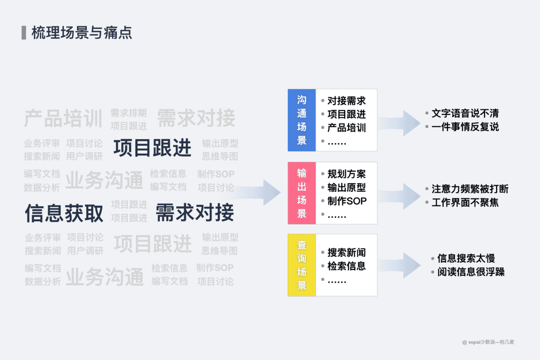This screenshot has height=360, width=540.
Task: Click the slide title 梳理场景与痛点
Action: (x=81, y=33)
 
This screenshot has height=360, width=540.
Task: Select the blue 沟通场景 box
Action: (x=302, y=120)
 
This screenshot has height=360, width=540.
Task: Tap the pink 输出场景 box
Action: (x=302, y=193)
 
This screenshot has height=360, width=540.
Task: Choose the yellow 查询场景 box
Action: (x=302, y=265)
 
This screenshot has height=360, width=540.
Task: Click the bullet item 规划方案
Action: (x=346, y=174)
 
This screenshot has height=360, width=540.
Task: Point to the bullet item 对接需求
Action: (x=346, y=101)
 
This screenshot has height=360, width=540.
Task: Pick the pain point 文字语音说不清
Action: (x=465, y=114)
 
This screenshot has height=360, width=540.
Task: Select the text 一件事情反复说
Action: (x=465, y=127)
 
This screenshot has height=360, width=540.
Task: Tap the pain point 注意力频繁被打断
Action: (x=470, y=189)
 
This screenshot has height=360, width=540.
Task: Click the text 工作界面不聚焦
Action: (x=465, y=202)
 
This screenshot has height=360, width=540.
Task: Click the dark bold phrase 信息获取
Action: (x=64, y=213)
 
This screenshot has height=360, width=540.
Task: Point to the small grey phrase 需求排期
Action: (x=128, y=113)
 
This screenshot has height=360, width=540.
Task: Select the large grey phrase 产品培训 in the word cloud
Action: (x=63, y=119)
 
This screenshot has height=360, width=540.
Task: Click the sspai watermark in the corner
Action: (x=488, y=342)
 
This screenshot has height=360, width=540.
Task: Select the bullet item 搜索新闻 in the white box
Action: (x=346, y=253)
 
